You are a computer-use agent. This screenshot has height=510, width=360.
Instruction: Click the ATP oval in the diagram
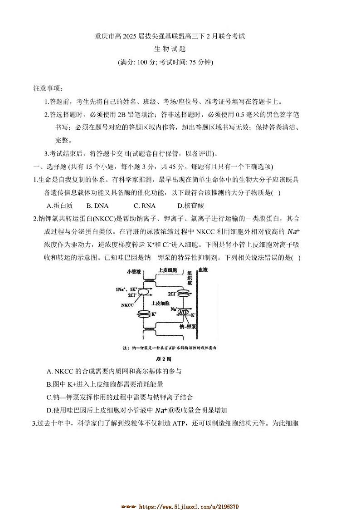[184, 312]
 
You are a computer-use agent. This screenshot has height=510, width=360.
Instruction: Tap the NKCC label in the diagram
[128, 305]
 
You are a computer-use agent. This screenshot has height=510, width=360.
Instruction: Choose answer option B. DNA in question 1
[97, 206]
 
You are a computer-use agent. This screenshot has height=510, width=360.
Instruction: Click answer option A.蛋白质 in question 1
[60, 206]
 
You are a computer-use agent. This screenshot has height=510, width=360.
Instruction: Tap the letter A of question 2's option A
[49, 372]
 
